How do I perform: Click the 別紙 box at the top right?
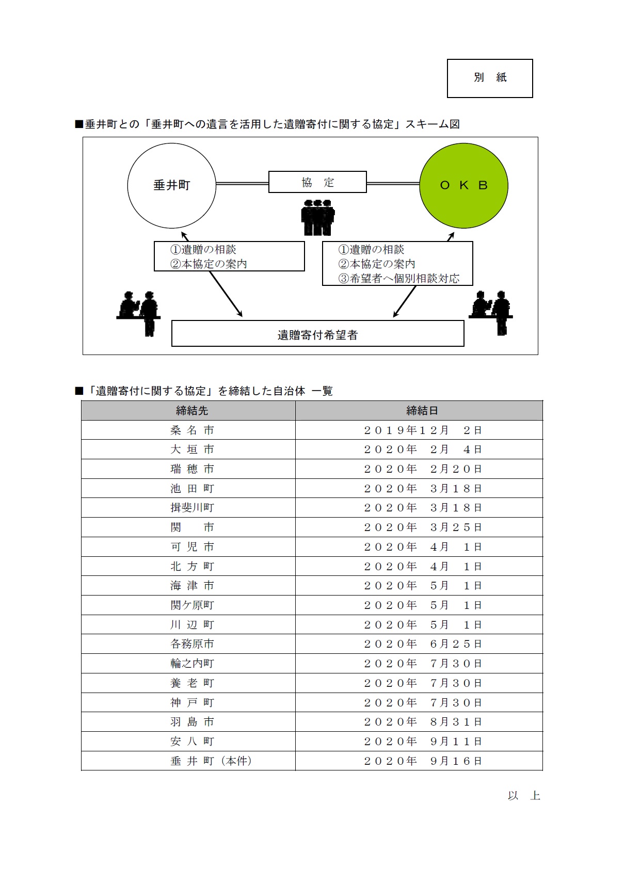coord(489,78)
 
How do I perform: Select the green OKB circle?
coord(463,185)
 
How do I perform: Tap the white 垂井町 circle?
coord(171,185)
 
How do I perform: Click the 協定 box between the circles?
coord(317,182)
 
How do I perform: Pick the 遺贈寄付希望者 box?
coord(317,334)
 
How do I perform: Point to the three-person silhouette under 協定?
coord(318,217)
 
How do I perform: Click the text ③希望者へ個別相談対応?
coord(398,279)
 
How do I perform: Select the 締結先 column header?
coord(192,411)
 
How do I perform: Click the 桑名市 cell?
coord(192,430)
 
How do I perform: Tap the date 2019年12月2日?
coord(422,430)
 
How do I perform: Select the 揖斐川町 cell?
coord(192,508)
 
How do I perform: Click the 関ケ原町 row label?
coord(192,605)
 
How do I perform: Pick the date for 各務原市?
coord(422,644)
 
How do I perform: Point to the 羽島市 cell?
coord(192,722)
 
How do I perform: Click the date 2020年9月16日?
coord(422,761)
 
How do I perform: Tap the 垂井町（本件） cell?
coord(211,761)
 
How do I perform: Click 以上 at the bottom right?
coord(523,796)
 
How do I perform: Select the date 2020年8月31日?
coord(422,722)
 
